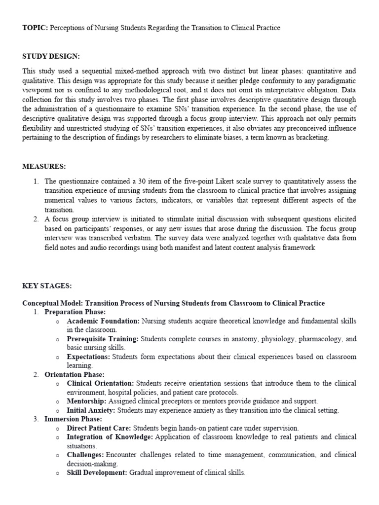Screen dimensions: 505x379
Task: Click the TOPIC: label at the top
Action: point(34,28)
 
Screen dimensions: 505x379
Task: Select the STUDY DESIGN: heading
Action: point(51,57)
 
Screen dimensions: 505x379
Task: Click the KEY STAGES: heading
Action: point(47,286)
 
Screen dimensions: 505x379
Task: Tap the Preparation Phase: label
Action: point(75,312)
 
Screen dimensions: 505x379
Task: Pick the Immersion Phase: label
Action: point(74,419)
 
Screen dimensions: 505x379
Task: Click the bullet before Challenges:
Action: point(58,455)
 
